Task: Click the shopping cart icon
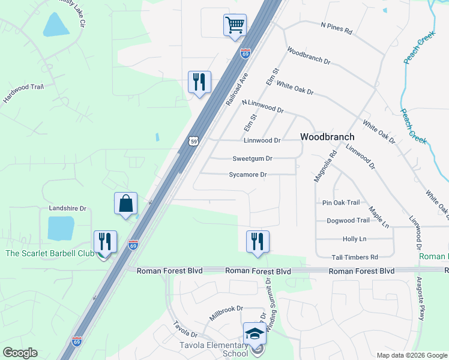[x=235, y=25]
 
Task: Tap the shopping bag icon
[x=126, y=203]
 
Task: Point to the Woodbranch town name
[x=327, y=137]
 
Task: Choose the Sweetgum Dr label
[x=253, y=159]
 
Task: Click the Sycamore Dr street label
[x=248, y=175]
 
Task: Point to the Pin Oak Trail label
[x=341, y=203]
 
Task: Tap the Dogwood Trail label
[x=348, y=221]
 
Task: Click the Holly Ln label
[x=354, y=239]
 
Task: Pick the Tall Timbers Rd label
[x=355, y=257]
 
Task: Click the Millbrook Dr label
[x=226, y=308]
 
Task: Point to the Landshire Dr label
[x=67, y=208]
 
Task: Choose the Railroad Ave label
[x=237, y=90]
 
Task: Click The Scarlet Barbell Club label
[x=50, y=253]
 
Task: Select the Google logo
[x=20, y=353]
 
